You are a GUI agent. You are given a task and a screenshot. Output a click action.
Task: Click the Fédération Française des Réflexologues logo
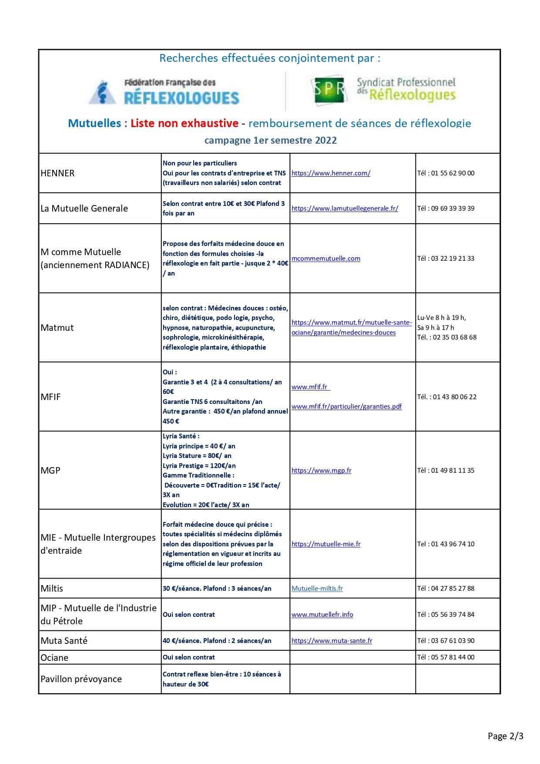coord(164,92)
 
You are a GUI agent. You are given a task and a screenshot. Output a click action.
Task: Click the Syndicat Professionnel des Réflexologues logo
coord(383,90)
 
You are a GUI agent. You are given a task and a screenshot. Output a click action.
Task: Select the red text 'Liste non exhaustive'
coord(184,124)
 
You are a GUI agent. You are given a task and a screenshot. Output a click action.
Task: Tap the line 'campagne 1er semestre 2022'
coord(270,141)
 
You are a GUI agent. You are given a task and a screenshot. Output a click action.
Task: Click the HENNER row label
coord(57,173)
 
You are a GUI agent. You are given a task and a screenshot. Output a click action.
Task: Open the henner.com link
coord(331,173)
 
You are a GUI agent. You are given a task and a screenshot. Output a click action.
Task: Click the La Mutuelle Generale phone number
coord(446,209)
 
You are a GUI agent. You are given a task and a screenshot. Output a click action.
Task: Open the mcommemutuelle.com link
coord(326,259)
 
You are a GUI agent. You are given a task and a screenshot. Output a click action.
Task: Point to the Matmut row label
coord(57,328)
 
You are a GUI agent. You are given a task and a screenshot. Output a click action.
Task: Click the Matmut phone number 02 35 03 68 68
coord(447,337)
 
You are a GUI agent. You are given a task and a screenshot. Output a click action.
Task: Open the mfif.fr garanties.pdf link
coord(346,407)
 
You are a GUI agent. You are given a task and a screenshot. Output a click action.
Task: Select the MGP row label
coord(50,471)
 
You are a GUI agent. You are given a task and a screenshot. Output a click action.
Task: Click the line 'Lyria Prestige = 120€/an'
coord(199,466)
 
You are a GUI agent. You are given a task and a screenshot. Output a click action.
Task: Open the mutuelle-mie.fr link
coord(326,544)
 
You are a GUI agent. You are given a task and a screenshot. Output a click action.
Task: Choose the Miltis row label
coord(52,589)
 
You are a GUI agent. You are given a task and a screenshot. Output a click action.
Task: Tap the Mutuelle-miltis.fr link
coord(317,589)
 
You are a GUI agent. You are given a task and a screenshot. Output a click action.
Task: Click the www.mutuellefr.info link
coord(322,615)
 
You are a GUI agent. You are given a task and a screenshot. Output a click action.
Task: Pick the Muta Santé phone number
coord(446,641)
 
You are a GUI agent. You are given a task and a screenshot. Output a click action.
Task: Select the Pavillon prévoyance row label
coord(81,679)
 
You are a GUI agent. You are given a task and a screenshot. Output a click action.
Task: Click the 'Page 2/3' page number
coord(505,736)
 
